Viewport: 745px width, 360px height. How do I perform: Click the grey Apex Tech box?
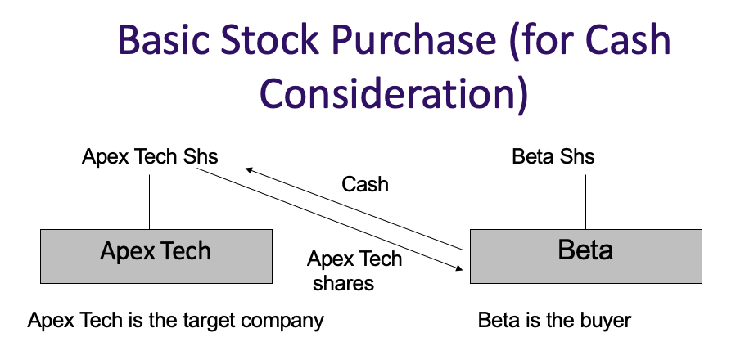point(156,255)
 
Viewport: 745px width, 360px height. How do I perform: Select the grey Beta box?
point(585,255)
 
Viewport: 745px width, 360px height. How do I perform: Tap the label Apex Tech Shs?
point(150,156)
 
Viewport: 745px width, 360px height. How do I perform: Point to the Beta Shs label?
point(553,156)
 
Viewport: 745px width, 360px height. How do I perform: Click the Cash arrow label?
point(365,184)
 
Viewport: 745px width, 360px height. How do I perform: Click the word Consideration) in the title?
point(392,93)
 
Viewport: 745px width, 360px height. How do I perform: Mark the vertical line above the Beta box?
point(586,200)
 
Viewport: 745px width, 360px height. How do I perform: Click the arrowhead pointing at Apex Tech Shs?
point(249,169)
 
